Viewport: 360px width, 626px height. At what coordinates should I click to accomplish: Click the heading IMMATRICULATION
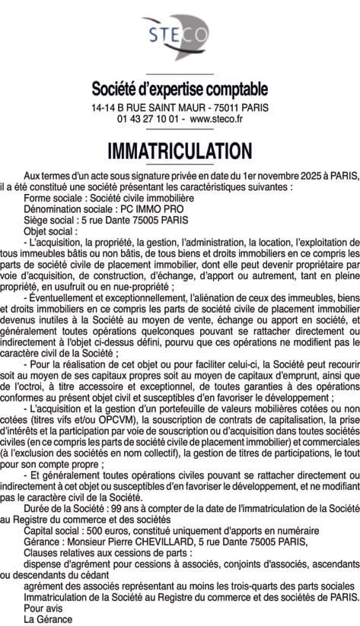pos(180,148)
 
